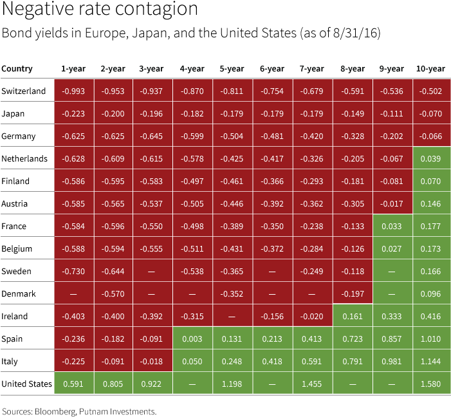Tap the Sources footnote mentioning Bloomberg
coord(79,411)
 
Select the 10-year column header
coord(429,69)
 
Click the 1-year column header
coord(73,69)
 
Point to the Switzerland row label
coord(24,91)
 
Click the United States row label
coord(27,384)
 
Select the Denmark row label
coord(21,294)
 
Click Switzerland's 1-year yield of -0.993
coord(73,91)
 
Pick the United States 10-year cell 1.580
coord(429,384)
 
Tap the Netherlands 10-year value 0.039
coord(429,159)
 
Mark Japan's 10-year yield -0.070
coord(429,114)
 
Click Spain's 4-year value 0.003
coord(192,339)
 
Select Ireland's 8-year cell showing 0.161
coord(352,317)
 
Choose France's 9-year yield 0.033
coord(392,227)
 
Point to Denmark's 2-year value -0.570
coord(113,294)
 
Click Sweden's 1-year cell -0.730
coord(73,272)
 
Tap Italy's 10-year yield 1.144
coord(429,362)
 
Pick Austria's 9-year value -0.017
coord(392,204)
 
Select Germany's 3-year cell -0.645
coord(152,136)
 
